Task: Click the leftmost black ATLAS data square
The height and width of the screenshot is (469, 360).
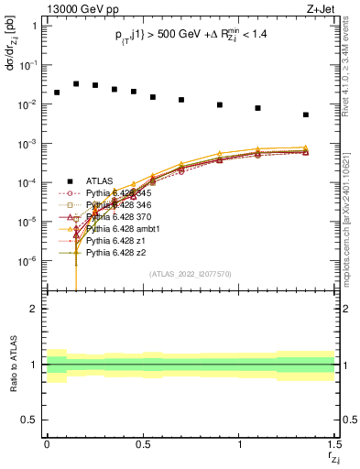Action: (57, 93)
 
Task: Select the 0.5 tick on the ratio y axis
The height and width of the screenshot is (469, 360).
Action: (30, 420)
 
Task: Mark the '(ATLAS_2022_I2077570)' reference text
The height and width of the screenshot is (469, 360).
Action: (190, 274)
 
